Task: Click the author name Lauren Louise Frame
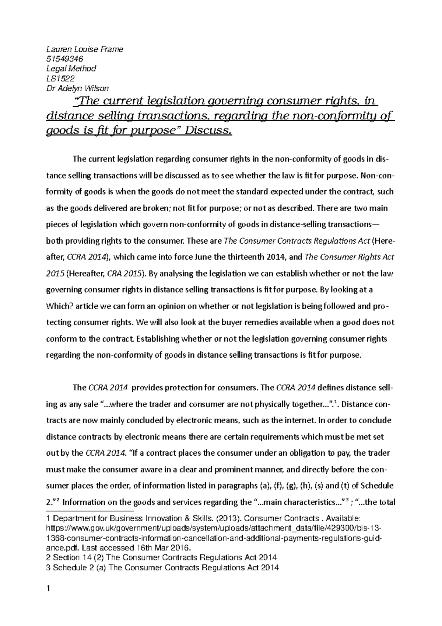coord(84,49)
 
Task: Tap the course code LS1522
coord(60,78)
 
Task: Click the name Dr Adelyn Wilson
coord(77,88)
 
